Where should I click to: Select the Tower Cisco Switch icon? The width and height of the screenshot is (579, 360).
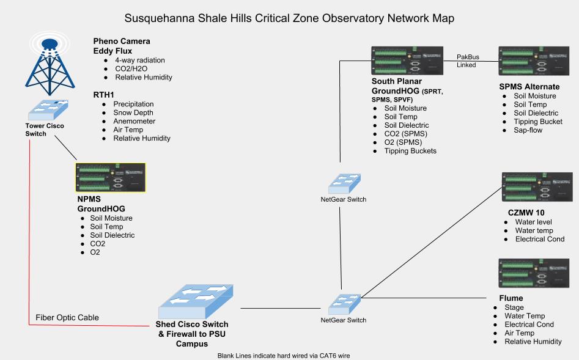click(x=48, y=109)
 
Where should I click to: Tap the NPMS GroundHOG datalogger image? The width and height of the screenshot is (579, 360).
click(x=111, y=178)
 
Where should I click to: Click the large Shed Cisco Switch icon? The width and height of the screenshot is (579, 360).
click(x=196, y=301)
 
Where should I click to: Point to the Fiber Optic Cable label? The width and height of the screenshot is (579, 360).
click(x=67, y=318)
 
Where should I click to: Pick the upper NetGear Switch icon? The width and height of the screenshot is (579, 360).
click(x=344, y=183)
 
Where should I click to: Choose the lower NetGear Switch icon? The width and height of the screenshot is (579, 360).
click(x=344, y=304)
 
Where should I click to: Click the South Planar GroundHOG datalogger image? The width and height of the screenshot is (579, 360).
click(x=407, y=61)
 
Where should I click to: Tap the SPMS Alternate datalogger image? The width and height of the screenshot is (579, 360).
click(x=534, y=61)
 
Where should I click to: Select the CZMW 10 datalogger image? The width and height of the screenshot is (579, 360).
click(x=537, y=187)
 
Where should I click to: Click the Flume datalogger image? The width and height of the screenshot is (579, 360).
click(x=534, y=273)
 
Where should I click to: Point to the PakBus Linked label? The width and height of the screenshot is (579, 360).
click(x=468, y=61)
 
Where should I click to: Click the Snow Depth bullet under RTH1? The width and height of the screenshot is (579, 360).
click(x=133, y=112)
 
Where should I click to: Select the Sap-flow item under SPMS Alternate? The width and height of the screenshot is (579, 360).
click(x=528, y=130)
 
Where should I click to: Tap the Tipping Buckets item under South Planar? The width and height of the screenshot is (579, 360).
click(x=410, y=150)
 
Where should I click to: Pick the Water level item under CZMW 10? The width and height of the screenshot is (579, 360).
click(x=534, y=222)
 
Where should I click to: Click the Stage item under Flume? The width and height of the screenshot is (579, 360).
click(x=514, y=307)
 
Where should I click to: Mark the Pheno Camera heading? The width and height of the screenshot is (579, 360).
click(x=122, y=41)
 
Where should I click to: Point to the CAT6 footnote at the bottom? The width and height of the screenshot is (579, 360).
click(x=284, y=356)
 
